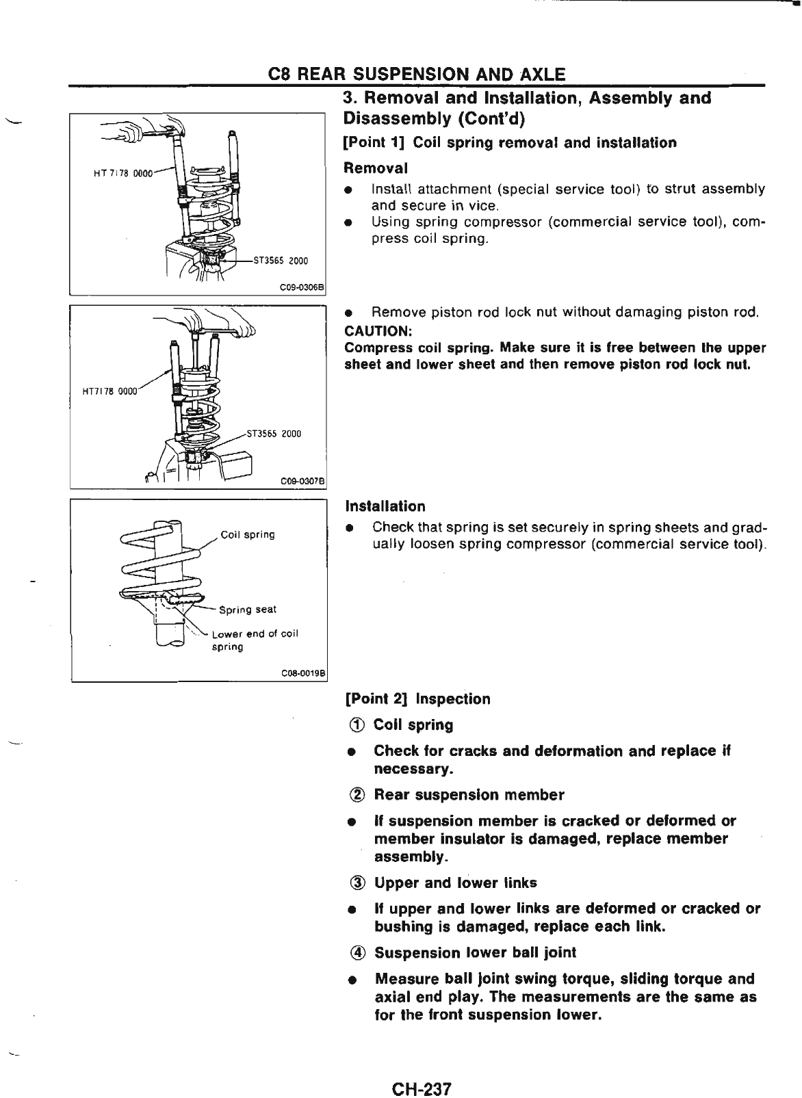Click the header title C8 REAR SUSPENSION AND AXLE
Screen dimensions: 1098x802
[417, 73]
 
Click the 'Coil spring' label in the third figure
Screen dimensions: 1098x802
[248, 534]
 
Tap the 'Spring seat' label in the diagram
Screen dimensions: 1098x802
[248, 610]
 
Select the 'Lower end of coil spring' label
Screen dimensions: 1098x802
[255, 640]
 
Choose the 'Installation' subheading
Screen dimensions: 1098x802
[385, 507]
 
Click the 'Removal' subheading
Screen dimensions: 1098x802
[375, 168]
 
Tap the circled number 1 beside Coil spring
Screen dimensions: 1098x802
[357, 725]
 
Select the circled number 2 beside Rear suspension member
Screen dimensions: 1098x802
[357, 796]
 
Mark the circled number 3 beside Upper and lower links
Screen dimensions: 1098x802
[357, 883]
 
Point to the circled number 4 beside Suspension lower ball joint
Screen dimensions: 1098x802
[357, 953]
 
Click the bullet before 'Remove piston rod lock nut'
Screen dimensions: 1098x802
[349, 313]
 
